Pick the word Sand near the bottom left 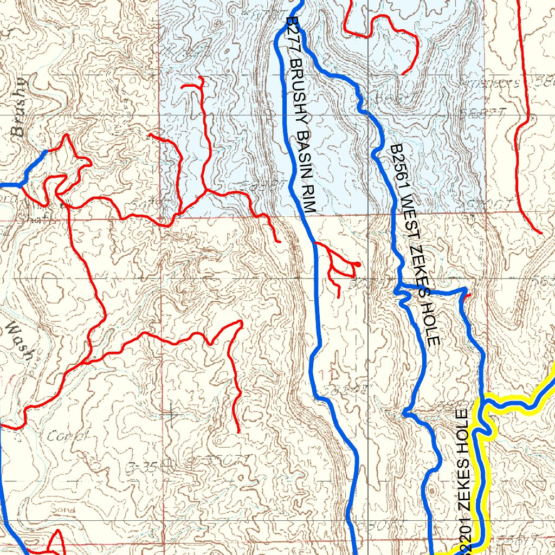63,509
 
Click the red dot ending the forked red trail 358,264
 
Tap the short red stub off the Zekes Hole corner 468,295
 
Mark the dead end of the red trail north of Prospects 403,74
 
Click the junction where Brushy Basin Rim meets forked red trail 315,243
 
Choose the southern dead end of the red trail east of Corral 239,432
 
